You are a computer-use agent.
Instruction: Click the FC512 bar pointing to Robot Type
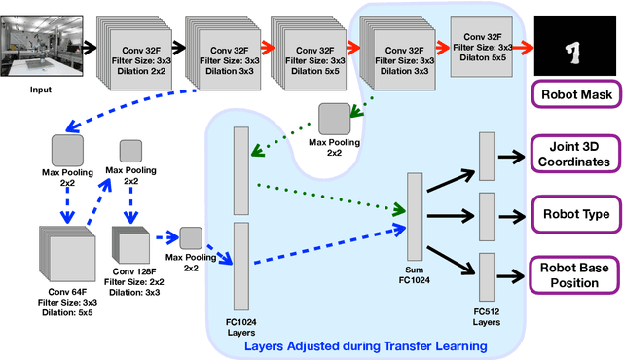tap(487, 214)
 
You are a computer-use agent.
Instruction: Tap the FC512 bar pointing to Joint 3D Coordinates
tap(487, 156)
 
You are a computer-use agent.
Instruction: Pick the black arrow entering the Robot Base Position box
tap(511, 274)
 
